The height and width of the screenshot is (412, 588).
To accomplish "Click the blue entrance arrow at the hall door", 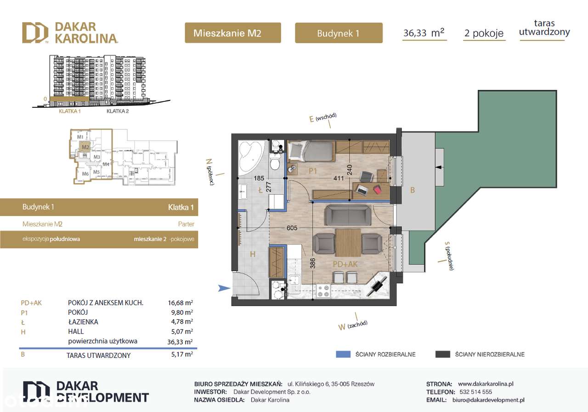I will [224, 288].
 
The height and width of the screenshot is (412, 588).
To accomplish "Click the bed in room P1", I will [310, 151].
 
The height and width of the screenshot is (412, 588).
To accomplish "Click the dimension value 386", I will [312, 263].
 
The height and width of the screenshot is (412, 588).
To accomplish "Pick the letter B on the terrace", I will [413, 190].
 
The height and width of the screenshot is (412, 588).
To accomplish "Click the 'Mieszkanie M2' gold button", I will [232, 33].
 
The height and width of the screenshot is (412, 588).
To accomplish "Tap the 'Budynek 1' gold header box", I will [338, 33].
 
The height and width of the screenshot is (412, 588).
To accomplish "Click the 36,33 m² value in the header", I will [424, 33].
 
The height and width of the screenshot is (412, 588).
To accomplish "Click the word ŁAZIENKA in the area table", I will [82, 322].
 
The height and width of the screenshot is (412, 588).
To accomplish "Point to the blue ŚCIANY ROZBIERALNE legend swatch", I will [343, 354].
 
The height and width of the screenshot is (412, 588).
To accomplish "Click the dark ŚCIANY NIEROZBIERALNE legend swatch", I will [442, 354].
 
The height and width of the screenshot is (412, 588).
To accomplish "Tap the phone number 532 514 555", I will [475, 392].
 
